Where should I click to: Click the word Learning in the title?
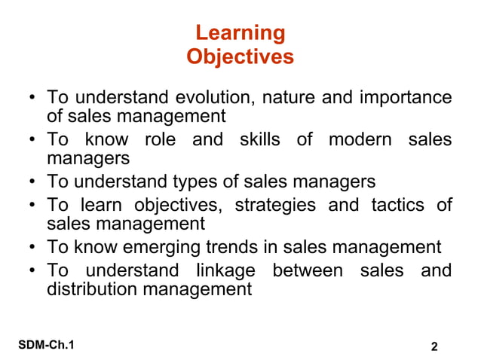pos(240,33)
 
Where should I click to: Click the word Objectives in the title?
pos(240,56)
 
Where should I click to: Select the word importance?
pos(406,98)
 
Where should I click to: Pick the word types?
pos(200,182)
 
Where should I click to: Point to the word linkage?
pos(222,270)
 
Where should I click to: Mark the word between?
pos(305,270)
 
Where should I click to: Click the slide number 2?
pos(434,346)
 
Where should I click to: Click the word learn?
pos(102,205)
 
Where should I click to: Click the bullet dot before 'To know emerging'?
pos(33,247)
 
